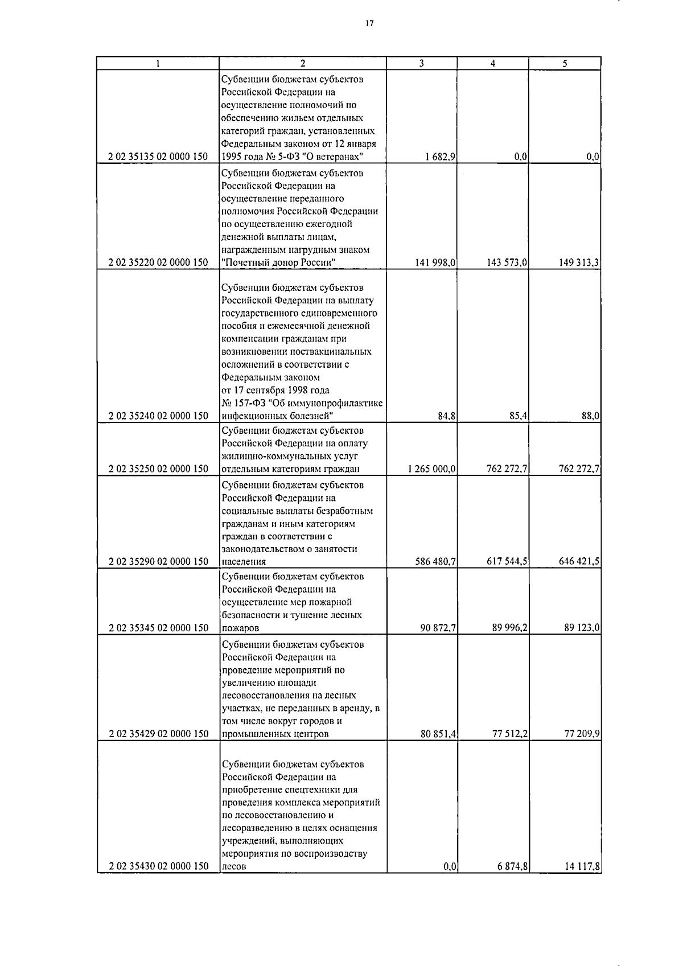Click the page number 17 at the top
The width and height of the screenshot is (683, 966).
click(369, 23)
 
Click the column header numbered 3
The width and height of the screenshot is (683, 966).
click(421, 64)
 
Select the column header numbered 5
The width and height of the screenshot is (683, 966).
click(564, 64)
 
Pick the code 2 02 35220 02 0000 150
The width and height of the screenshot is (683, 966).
click(158, 262)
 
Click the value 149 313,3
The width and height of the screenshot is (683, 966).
click(579, 262)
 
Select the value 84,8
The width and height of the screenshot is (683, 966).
click(446, 416)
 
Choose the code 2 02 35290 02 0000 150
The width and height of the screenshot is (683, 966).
click(158, 562)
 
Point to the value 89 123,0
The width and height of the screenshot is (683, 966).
click(581, 628)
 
